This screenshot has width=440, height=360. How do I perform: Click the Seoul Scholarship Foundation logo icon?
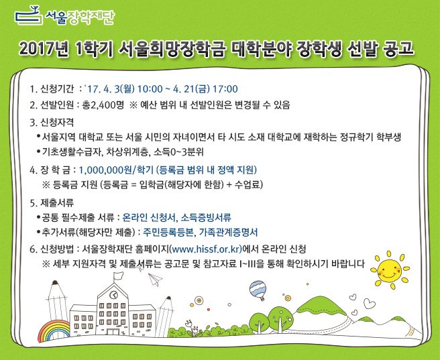pyautogui.click(x=29, y=14)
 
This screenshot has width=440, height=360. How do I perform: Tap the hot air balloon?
pyautogui.click(x=258, y=290)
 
